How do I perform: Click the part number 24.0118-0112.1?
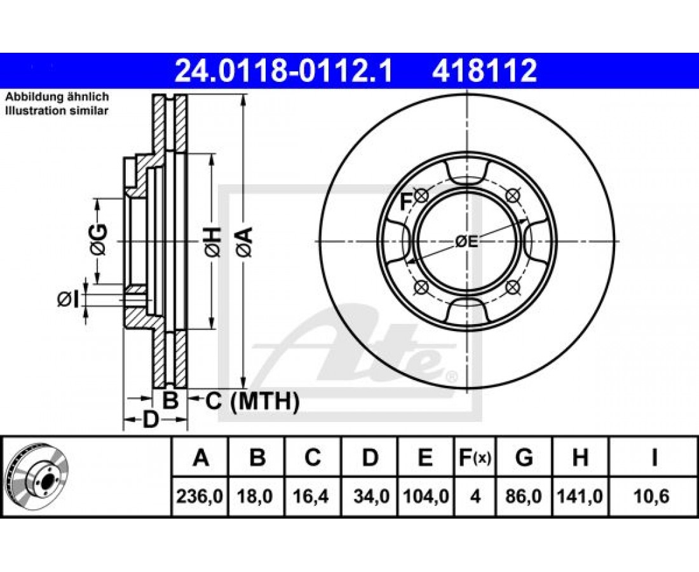pyautogui.click(x=283, y=71)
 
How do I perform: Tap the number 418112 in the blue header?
pyautogui.click(x=484, y=71)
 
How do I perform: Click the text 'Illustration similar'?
pyautogui.click(x=57, y=111)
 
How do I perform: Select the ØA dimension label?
pyautogui.click(x=245, y=242)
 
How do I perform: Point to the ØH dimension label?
pyautogui.click(x=213, y=242)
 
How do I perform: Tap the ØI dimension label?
pyautogui.click(x=68, y=299)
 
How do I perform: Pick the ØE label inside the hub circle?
pyautogui.click(x=467, y=242)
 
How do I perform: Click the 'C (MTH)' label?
pyautogui.click(x=252, y=401)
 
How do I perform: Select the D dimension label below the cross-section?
pyautogui.click(x=151, y=419)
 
